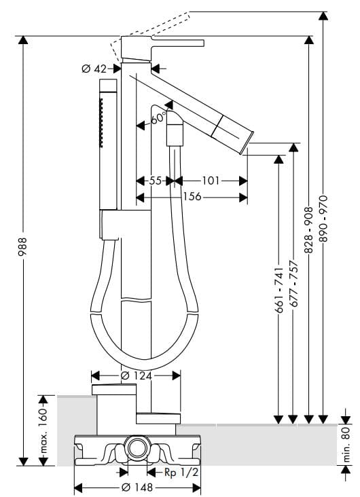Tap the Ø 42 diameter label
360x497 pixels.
tap(94, 69)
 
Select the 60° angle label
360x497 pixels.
tap(158, 119)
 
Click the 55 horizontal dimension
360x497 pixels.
tap(156, 181)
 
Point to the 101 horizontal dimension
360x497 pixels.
tap(211, 181)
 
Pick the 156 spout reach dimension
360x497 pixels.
tap(192, 196)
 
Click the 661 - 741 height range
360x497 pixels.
tap(279, 291)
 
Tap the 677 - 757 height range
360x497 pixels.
tap(294, 284)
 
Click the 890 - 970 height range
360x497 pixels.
tap(324, 219)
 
